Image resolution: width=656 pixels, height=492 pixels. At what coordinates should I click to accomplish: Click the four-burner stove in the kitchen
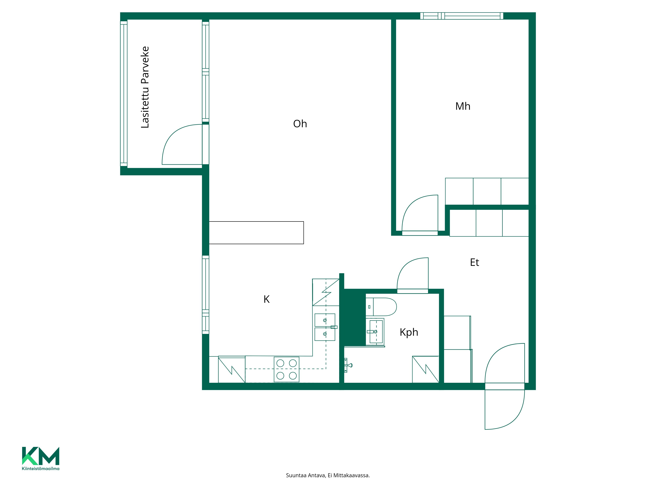[x=287, y=369]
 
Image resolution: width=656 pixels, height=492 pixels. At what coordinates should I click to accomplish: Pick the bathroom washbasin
[x=375, y=332]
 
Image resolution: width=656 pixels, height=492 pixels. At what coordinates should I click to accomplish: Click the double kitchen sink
[x=325, y=327]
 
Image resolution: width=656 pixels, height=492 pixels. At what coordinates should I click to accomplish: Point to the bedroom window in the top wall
[x=462, y=16]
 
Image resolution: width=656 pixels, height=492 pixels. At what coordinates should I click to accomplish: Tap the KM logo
[x=41, y=456]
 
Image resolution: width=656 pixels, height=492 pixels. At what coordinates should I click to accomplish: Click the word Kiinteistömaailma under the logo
[x=41, y=469]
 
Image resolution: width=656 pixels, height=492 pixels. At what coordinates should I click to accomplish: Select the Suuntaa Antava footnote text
[x=328, y=475]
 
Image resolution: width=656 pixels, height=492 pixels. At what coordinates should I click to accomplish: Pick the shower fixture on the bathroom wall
[x=348, y=365]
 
